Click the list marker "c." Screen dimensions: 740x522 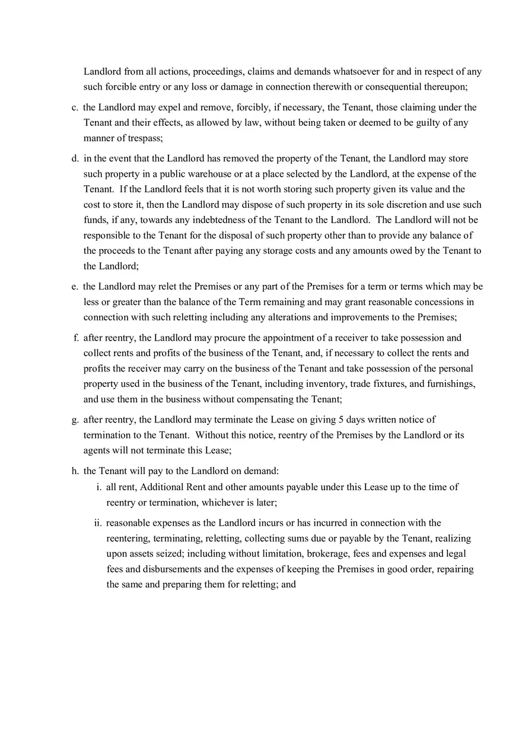pyautogui.click(x=75, y=107)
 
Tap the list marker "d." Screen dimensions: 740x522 pyautogui.click(x=75, y=158)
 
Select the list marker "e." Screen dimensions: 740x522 pyautogui.click(x=75, y=287)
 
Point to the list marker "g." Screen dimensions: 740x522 pyautogui.click(x=75, y=420)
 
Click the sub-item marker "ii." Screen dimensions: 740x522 pyautogui.click(x=98, y=523)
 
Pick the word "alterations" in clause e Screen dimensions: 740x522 pyautogui.click(x=291, y=317)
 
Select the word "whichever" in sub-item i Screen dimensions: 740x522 pyautogui.click(x=223, y=503)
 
